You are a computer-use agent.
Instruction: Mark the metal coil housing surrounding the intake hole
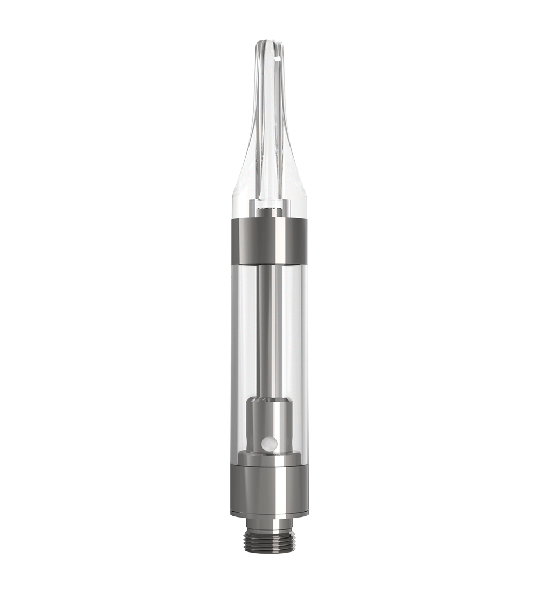coord(269,426)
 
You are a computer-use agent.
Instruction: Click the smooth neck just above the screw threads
coord(269,521)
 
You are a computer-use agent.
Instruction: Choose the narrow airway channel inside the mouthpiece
coord(268,135)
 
